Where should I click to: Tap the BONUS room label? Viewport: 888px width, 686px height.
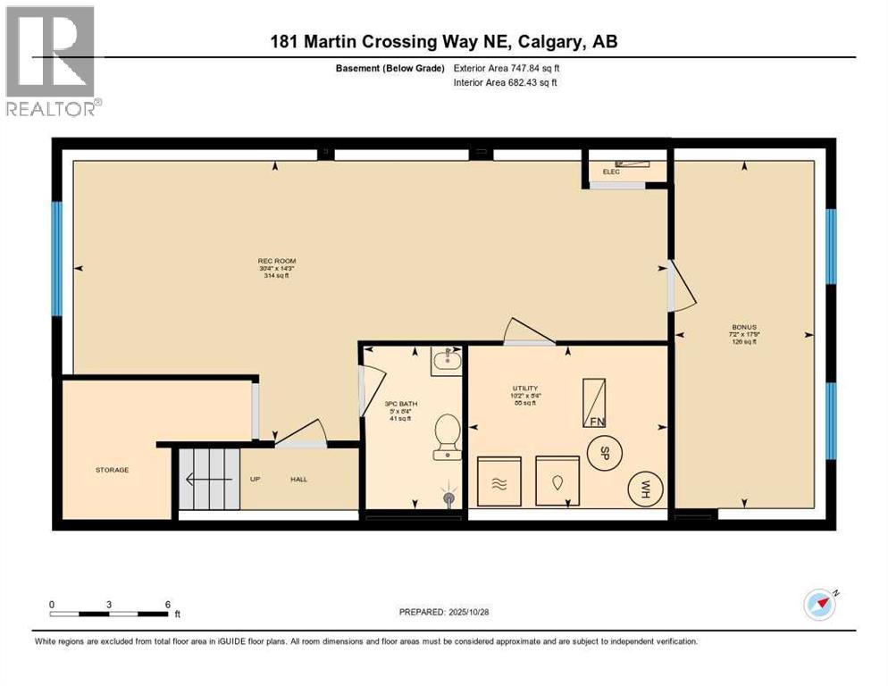click(x=744, y=327)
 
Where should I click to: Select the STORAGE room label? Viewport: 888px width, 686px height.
click(x=113, y=470)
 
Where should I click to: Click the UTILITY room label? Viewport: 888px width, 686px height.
click(x=524, y=388)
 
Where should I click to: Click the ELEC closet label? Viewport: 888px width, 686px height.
click(x=611, y=171)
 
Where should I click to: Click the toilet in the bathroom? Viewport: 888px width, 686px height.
click(x=446, y=436)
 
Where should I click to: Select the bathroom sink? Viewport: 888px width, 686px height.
click(x=444, y=362)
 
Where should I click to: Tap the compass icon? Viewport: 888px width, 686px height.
click(x=819, y=605)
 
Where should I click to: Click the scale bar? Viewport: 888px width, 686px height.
click(x=109, y=614)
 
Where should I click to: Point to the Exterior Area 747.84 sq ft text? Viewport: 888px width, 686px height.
click(x=507, y=68)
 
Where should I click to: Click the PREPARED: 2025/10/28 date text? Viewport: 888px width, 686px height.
click(x=443, y=612)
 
